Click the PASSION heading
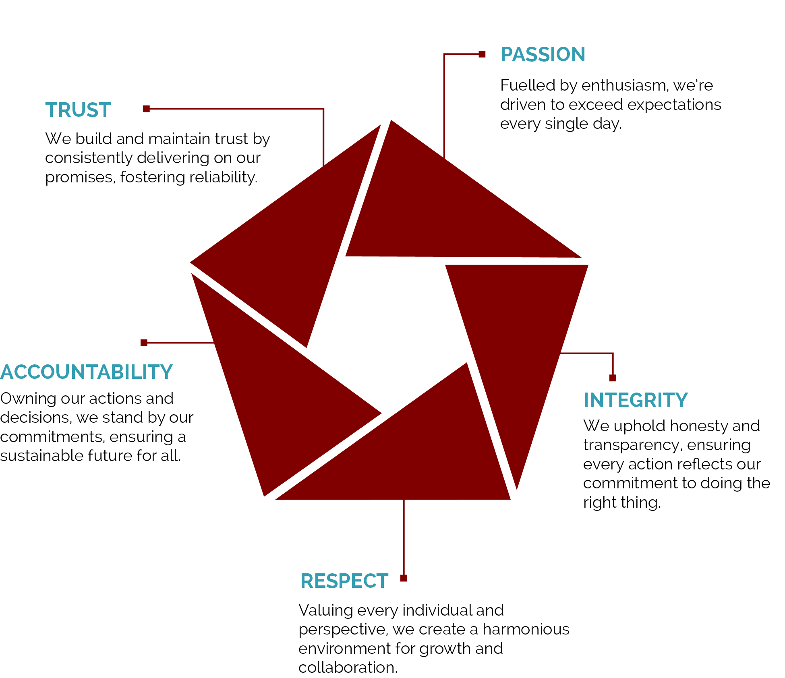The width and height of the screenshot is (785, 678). click(543, 54)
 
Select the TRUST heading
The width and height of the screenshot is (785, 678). click(78, 110)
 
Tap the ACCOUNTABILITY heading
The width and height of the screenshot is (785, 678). click(86, 372)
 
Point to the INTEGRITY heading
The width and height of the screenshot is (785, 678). click(636, 400)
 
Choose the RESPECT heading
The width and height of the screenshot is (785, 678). click(344, 581)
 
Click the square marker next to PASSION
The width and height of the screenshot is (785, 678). click(482, 54)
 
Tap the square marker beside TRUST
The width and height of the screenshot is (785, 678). click(146, 109)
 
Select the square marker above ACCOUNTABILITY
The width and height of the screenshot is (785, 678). click(144, 343)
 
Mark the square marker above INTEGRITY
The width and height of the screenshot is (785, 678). click(613, 378)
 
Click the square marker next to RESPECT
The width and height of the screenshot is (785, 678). click(404, 578)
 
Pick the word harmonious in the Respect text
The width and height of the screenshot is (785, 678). click(526, 629)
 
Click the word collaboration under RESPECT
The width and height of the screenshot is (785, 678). click(348, 668)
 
